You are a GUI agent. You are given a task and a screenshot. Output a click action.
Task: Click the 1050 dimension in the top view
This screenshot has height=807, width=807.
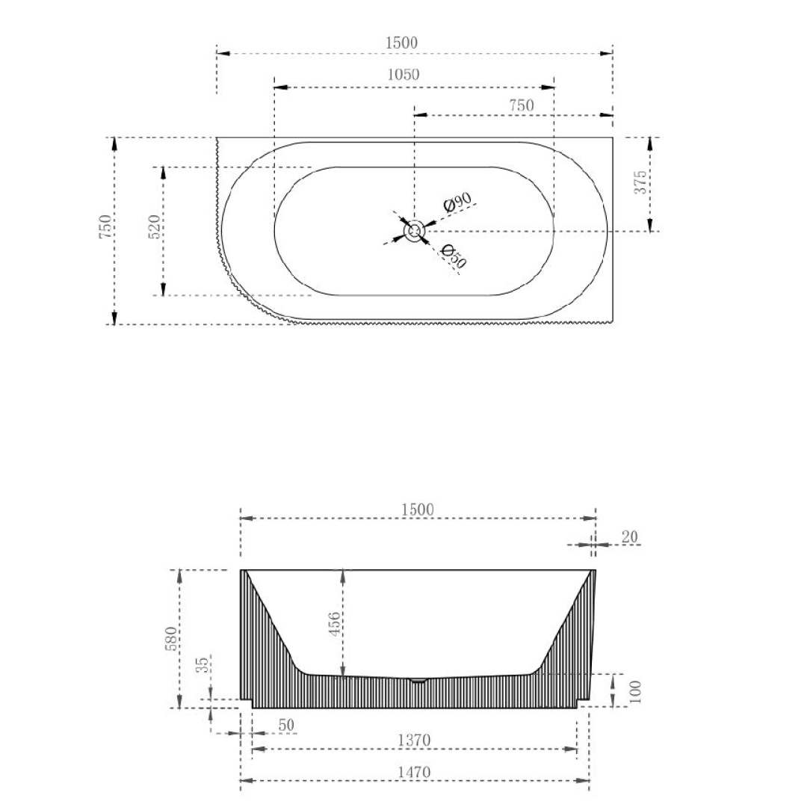(403, 75)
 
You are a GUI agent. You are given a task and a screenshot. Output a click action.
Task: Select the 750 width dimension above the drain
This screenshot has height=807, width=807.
(521, 106)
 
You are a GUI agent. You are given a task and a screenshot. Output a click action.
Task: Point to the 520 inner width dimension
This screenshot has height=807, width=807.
(154, 227)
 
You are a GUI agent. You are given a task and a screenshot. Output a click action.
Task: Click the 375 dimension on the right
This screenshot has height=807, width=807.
(640, 183)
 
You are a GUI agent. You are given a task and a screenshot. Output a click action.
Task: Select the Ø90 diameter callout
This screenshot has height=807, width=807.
(457, 202)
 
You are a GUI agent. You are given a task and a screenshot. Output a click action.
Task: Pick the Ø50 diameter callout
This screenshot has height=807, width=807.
(454, 256)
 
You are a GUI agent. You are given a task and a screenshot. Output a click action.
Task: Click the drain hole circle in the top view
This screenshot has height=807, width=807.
(415, 231)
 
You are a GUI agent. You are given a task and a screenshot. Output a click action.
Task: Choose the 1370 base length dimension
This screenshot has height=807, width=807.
(414, 740)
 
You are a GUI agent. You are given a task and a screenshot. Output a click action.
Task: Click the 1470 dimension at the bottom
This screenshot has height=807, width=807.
(414, 773)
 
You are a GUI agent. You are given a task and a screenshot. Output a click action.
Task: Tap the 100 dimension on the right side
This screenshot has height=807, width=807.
(636, 691)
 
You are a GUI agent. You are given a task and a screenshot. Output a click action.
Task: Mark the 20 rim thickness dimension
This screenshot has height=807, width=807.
(630, 537)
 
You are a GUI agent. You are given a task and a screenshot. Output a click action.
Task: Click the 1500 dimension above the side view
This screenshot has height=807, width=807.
(417, 510)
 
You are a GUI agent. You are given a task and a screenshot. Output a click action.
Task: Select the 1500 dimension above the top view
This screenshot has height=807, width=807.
(401, 43)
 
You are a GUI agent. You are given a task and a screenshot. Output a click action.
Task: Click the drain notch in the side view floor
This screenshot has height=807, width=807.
(418, 680)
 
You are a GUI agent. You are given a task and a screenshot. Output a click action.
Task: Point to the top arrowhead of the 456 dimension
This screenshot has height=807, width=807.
(342, 575)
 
